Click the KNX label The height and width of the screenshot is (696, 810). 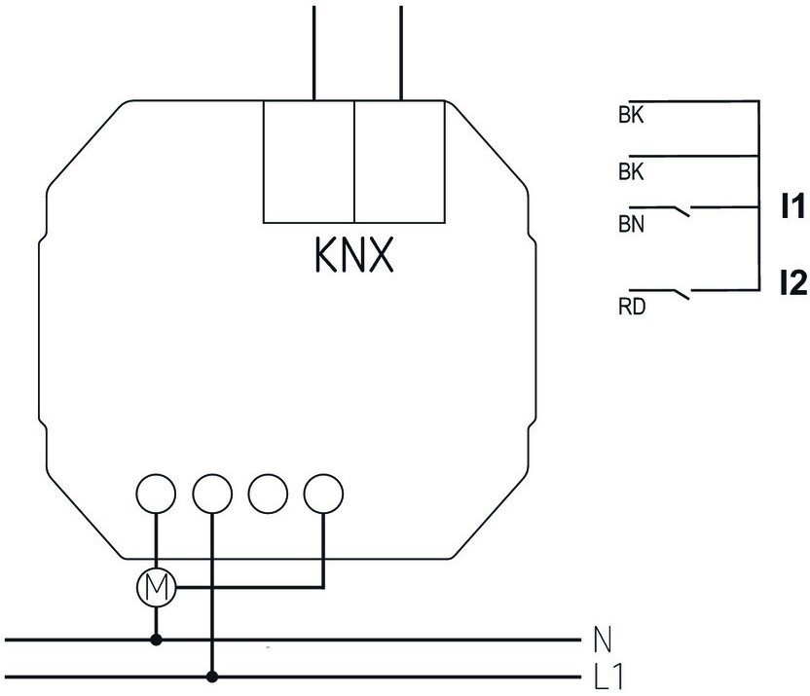point(353,255)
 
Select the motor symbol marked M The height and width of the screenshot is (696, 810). point(157,588)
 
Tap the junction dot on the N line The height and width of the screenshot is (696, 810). point(157,641)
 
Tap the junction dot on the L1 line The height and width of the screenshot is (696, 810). point(212,677)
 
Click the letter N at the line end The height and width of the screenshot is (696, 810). point(603,640)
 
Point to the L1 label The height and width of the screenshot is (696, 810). point(608,677)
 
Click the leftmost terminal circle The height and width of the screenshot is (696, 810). point(156,494)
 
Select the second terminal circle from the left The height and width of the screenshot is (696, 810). point(212,494)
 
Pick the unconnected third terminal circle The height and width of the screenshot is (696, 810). point(268,494)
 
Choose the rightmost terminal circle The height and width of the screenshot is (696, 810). point(323,494)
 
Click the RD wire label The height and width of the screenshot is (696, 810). point(632,308)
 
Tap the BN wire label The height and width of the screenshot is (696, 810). point(631,225)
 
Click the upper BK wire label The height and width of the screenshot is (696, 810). point(631,115)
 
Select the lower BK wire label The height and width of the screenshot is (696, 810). point(631,172)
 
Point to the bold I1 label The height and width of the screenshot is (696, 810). point(792,206)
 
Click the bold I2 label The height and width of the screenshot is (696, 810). point(792,283)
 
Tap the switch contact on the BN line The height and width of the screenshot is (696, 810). point(681,211)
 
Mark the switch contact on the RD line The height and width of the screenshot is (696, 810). point(681,294)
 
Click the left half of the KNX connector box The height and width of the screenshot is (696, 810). point(309,162)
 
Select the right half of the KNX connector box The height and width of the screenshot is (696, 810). point(400,162)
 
